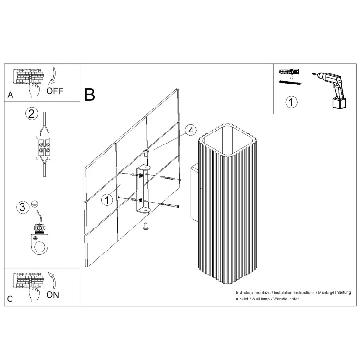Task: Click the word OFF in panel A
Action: [55, 91]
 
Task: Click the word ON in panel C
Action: [53, 295]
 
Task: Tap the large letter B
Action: [90, 95]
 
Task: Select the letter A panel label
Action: [11, 95]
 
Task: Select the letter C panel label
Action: [10, 299]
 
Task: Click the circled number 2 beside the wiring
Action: [32, 114]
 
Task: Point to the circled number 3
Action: [23, 207]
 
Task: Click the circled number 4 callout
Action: [191, 131]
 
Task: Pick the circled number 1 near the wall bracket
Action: [107, 200]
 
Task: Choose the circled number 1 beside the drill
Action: [291, 102]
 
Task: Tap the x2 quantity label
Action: [291, 78]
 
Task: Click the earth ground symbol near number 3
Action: [35, 204]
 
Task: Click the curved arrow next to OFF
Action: [53, 76]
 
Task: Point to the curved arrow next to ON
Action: [53, 281]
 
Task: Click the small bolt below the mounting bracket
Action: [146, 226]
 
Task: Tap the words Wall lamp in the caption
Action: [261, 299]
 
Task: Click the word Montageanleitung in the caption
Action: [335, 293]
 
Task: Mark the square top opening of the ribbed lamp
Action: [228, 140]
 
